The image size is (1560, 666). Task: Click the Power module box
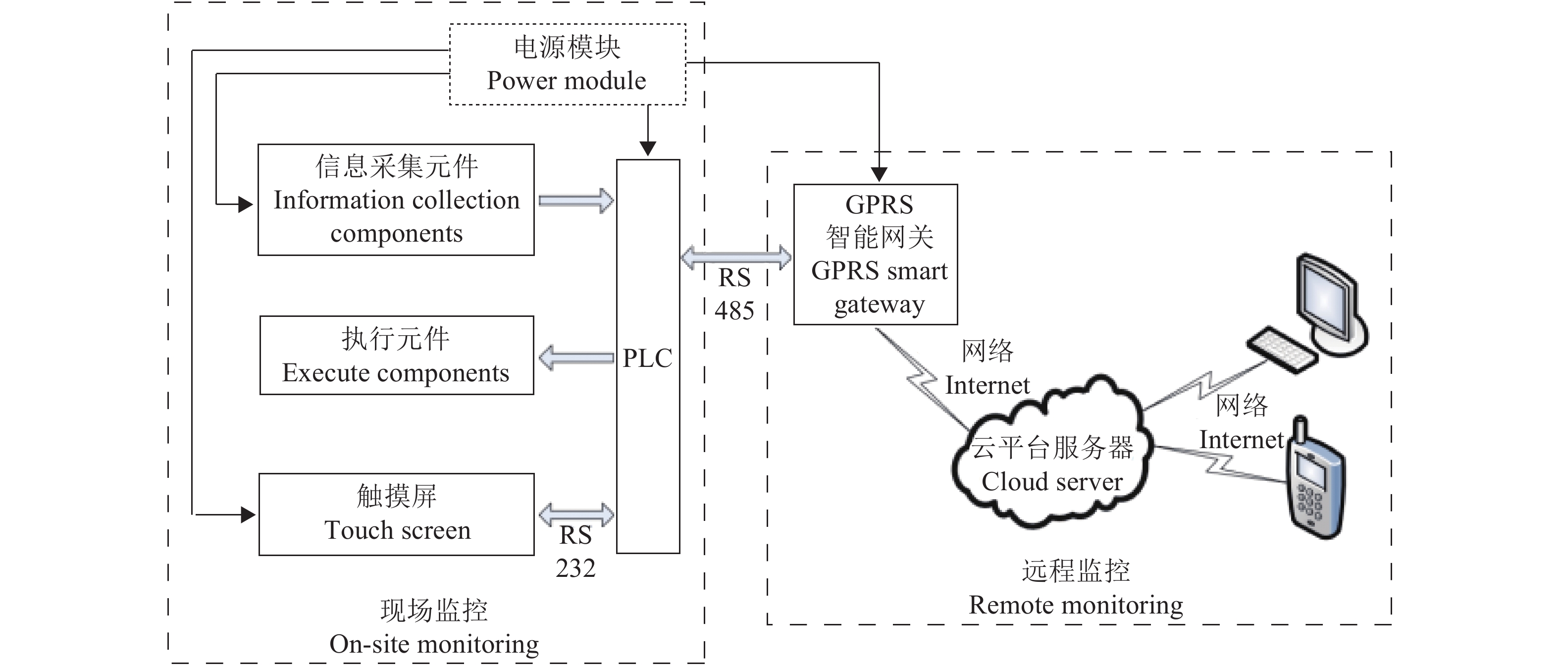point(568,64)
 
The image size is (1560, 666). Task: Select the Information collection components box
point(396,200)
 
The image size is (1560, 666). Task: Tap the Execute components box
point(397,356)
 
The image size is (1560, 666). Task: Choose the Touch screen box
point(397,514)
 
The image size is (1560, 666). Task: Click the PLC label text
point(647,358)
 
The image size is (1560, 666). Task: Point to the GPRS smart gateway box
point(876,255)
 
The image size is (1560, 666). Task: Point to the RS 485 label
point(734,294)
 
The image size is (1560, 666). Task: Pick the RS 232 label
point(575,552)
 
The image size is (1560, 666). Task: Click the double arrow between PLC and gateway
point(736,257)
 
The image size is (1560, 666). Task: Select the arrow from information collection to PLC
point(576,201)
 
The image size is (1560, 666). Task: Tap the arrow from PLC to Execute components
point(576,358)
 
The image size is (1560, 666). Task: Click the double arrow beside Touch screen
point(576,514)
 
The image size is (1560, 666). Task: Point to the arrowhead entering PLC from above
point(648,148)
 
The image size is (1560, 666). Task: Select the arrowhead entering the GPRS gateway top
point(879,174)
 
